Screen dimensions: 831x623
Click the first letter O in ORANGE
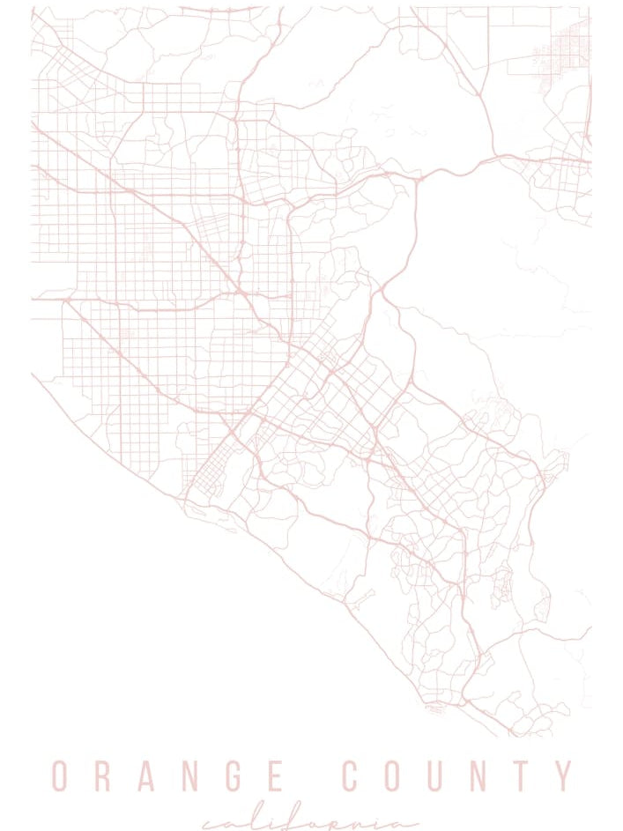pyautogui.click(x=59, y=776)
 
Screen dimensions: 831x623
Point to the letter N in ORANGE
pyautogui.click(x=204, y=776)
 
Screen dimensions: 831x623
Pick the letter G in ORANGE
pyautogui.click(x=253, y=776)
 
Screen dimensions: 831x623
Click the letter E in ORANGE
pyautogui.click(x=300, y=776)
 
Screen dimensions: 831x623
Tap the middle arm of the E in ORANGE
pyautogui.click(x=299, y=775)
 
